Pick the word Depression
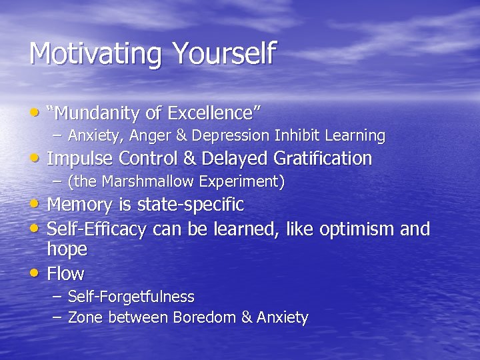[x=231, y=136]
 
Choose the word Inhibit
[x=297, y=135]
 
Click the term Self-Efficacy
[x=97, y=229]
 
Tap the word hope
[x=67, y=249]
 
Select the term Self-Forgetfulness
[x=131, y=297]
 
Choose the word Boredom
[x=204, y=318]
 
